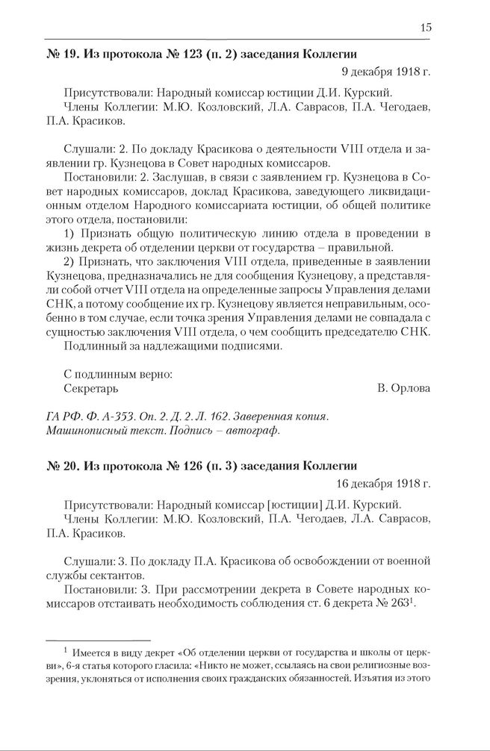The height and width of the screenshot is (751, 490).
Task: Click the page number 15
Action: pos(425,28)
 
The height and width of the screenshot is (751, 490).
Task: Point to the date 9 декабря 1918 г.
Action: pos(385,72)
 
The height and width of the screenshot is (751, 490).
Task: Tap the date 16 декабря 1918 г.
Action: pos(382,484)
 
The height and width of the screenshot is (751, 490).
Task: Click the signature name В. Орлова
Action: pos(404,388)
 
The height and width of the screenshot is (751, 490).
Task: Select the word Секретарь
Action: pos(91,388)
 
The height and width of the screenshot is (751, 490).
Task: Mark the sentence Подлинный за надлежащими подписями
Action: pos(174,346)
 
